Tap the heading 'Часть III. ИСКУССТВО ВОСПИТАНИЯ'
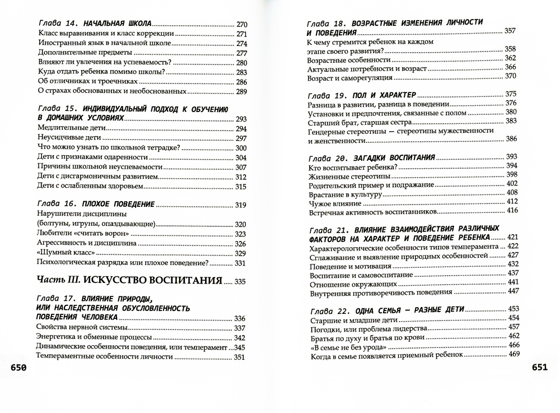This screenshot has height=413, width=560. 129,280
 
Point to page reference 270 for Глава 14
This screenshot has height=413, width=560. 241,25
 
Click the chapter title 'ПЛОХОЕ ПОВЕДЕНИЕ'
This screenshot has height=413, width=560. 119,205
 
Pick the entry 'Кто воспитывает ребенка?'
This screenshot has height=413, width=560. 353,166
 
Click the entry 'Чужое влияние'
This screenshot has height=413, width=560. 334,202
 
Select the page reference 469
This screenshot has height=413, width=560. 514,354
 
